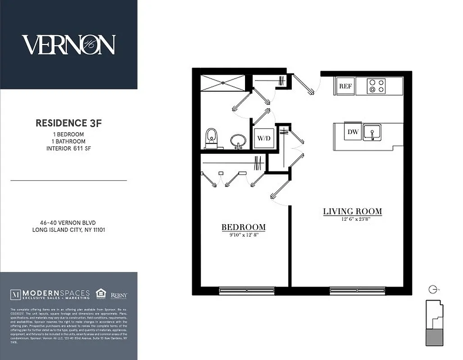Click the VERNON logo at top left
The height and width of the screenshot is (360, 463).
pos(68,45)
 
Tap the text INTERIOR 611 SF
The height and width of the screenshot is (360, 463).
pos(68,148)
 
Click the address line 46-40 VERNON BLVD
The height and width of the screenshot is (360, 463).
pos(68,222)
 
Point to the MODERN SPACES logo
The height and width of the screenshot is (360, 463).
pos(50,295)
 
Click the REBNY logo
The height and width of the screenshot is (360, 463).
pos(119,295)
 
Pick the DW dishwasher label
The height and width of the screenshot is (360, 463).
pos(353,132)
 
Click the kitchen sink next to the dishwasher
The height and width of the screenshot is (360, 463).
pos(372,132)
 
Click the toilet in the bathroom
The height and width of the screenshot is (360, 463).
pos(211,138)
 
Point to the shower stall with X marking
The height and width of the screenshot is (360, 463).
pos(222,83)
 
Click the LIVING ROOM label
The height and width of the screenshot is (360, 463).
pos(352,211)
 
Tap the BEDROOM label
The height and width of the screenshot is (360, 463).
pos(243,227)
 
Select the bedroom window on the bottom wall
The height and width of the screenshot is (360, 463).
pos(247,291)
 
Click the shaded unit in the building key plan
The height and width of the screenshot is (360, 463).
pos(434,337)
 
